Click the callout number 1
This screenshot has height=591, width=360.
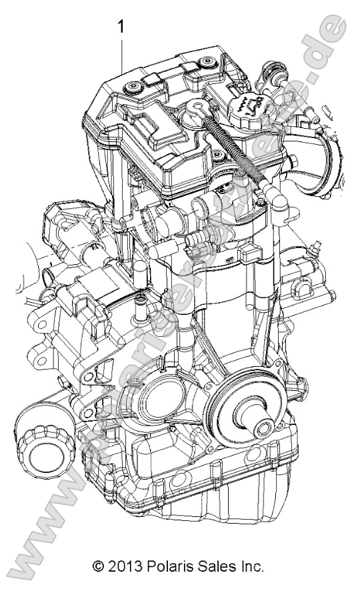point(121,27)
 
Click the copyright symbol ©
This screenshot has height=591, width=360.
point(99,568)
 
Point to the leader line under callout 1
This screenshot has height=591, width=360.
point(121,53)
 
